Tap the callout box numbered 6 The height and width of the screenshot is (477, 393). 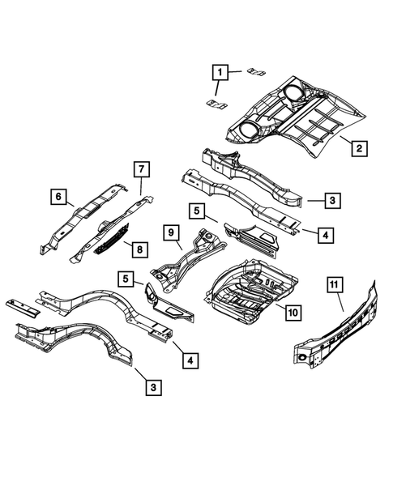[58, 196]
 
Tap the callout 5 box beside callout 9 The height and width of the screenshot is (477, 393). [196, 211]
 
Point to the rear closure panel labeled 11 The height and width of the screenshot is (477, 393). [340, 332]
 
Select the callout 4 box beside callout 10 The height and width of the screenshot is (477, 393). [323, 236]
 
